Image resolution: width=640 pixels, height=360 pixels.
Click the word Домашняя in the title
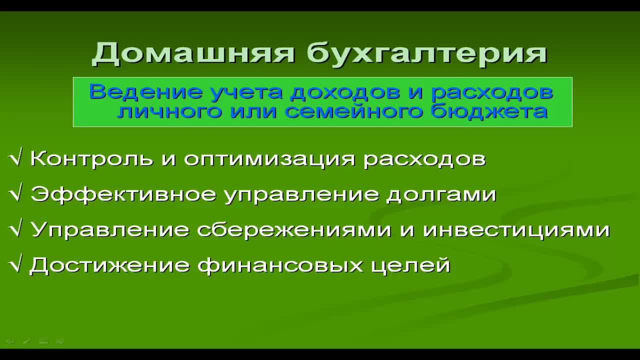point(193,53)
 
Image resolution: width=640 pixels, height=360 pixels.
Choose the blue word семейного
point(353,111)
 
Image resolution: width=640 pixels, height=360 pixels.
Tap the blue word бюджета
point(489,111)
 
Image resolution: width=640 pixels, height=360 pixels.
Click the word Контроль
point(91,158)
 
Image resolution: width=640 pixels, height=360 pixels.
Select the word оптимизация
point(269,159)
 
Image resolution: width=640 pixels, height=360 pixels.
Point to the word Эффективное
point(123,194)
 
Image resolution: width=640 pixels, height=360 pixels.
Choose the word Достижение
point(109,265)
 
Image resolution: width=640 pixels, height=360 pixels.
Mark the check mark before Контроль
point(15,158)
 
